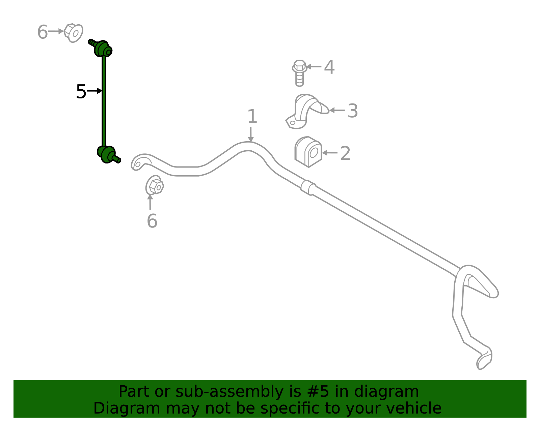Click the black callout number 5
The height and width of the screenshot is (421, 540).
click(81, 92)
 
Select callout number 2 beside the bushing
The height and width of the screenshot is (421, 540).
click(345, 153)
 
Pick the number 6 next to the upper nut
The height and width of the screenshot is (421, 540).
click(43, 32)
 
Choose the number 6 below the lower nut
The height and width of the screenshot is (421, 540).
click(152, 221)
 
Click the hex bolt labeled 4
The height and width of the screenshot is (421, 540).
click(299, 73)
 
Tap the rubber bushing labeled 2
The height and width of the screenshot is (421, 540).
click(308, 152)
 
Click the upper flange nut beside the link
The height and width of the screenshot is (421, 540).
click(73, 33)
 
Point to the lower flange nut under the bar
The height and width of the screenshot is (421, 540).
click(155, 185)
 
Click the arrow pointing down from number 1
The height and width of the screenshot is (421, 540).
click(251, 134)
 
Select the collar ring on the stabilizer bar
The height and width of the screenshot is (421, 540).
click(308, 187)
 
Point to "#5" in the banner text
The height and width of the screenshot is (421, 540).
click(318, 391)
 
